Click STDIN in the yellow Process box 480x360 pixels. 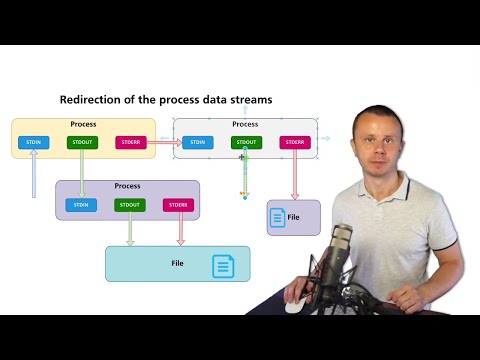33,142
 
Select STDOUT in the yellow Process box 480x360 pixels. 82,142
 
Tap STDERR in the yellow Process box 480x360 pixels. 130,142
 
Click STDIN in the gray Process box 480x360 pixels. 197,142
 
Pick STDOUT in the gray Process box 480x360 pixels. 246,142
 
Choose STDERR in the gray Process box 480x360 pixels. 295,142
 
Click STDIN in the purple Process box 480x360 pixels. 81,205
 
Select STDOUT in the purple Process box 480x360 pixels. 129,205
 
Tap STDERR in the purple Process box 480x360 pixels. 178,205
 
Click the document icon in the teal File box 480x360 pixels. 223,266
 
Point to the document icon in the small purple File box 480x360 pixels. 278,217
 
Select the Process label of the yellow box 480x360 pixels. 83,124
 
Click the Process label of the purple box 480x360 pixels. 127,186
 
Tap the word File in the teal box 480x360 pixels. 178,263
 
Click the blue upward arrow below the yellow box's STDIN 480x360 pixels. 34,178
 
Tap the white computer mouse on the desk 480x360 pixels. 294,306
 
